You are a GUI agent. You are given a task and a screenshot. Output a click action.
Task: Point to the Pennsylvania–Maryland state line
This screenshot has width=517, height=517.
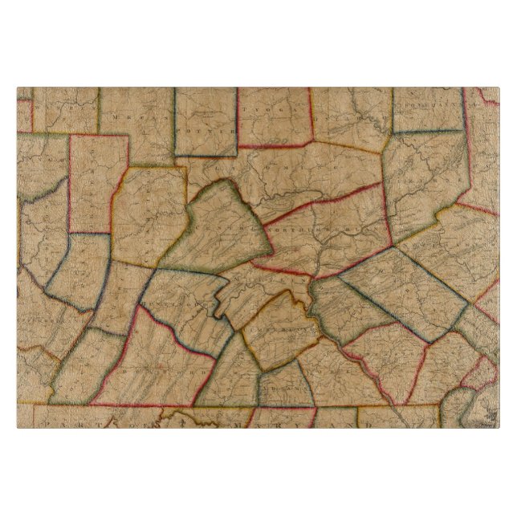(x=241, y=406)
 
